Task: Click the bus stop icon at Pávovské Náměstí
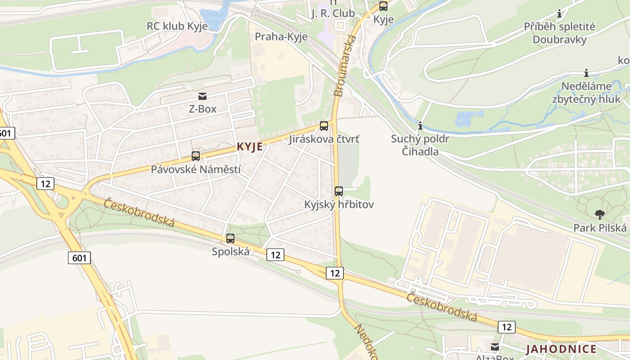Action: tap(196, 156)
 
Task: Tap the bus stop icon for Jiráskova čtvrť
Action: tap(324, 126)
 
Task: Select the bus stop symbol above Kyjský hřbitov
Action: tap(339, 191)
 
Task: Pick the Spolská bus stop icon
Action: tap(230, 238)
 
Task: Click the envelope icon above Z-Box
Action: tap(202, 96)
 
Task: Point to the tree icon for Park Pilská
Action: tap(599, 215)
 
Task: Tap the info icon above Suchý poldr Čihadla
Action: tap(420, 126)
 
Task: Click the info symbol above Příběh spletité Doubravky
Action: tap(559, 14)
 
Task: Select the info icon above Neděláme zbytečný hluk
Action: tap(586, 73)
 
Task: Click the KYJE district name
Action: tap(249, 147)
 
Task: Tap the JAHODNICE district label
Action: tap(561, 349)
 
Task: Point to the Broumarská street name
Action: tap(345, 66)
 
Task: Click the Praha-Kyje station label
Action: tap(281, 36)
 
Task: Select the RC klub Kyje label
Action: tap(177, 26)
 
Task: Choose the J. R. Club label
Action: tap(333, 13)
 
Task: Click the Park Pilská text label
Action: tap(600, 228)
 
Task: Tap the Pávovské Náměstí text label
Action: tap(196, 170)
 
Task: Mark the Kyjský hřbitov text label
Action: tap(339, 204)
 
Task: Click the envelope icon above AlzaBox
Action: tap(495, 347)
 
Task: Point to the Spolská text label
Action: tap(230, 252)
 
